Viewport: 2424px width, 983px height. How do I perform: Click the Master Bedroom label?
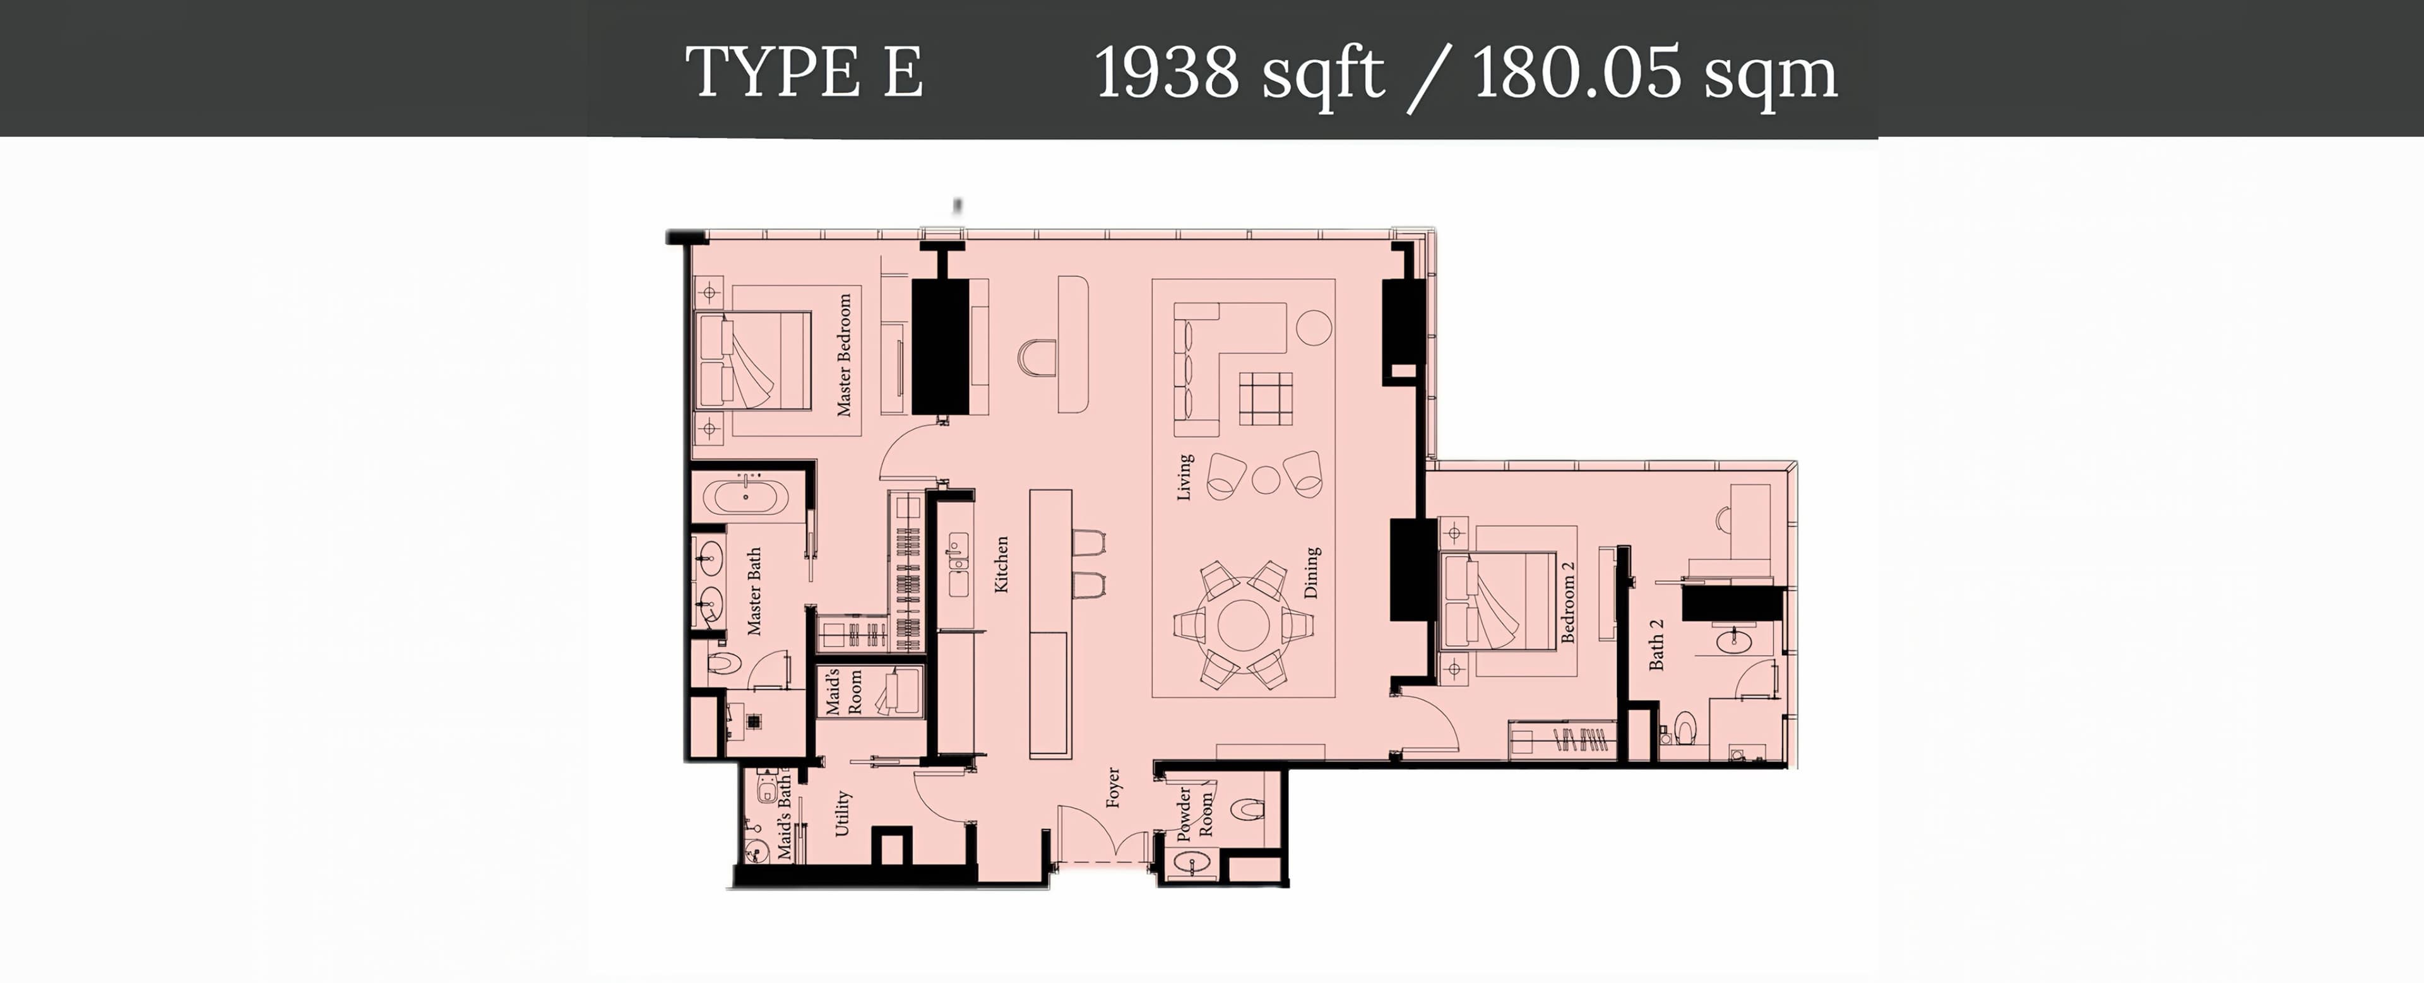[x=844, y=355]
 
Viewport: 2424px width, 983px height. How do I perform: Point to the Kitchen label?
[x=1001, y=565]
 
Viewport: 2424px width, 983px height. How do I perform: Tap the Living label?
[x=1185, y=478]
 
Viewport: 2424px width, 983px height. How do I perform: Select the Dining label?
[x=1312, y=572]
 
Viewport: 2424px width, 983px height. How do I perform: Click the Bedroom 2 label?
[x=1567, y=603]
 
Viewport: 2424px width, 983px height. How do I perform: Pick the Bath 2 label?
[x=1656, y=645]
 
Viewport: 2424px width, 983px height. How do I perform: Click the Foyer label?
[x=1112, y=788]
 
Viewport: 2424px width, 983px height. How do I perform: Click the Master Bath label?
[x=754, y=591]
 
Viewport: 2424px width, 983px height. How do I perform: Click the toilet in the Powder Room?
[x=1247, y=809]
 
